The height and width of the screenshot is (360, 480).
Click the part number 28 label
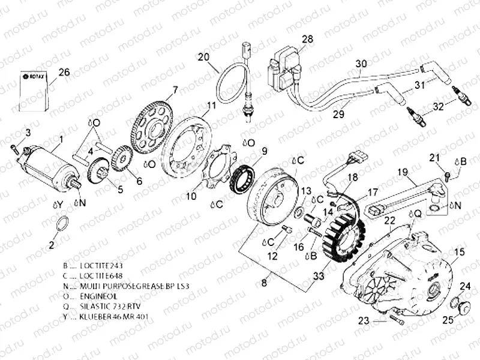[307, 40]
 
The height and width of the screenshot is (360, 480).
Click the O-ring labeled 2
[62, 226]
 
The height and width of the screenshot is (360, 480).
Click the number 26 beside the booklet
[64, 73]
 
